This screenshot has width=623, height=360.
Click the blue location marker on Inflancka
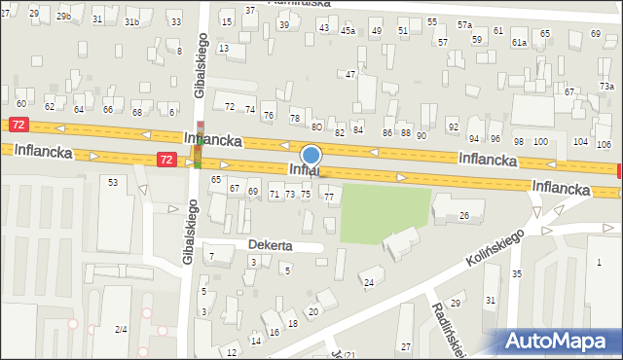[311, 155]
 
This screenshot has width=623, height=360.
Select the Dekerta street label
[270, 245]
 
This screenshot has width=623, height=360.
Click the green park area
[385, 209]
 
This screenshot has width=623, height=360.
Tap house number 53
[114, 182]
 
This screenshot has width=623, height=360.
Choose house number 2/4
[121, 330]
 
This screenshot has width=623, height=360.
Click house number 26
[464, 215]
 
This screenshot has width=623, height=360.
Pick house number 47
[350, 74]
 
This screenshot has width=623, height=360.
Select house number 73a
[606, 87]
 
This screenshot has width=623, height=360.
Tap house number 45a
[348, 31]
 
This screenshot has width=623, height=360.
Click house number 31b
[131, 21]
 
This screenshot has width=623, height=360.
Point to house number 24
[368, 283]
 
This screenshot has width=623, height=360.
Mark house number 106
[604, 144]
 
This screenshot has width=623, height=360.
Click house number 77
[329, 198]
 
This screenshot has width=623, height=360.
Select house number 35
[517, 274]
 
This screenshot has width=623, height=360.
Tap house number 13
[224, 48]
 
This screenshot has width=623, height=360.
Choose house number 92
[453, 127]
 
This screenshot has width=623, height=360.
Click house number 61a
[519, 43]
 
